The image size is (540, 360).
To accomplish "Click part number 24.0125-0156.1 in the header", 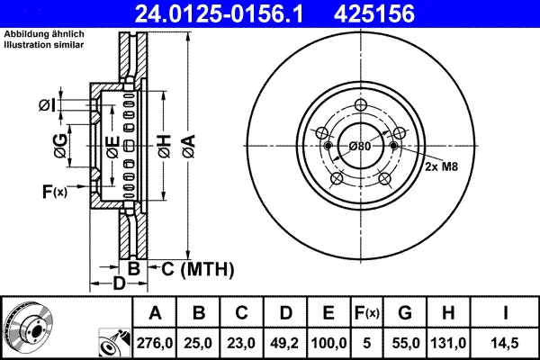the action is pyautogui.click(x=219, y=13).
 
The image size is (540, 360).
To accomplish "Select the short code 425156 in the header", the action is pyautogui.click(x=374, y=13).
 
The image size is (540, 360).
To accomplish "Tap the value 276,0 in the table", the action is pyautogui.click(x=155, y=343).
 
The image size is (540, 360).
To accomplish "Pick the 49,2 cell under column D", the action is pyautogui.click(x=284, y=343).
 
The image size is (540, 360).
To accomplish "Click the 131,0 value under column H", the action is pyautogui.click(x=448, y=343).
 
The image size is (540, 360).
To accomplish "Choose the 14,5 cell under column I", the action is pyautogui.click(x=505, y=343).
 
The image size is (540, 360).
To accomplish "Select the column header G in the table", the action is pyautogui.click(x=405, y=313).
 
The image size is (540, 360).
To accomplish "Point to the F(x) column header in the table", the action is pyautogui.click(x=367, y=313).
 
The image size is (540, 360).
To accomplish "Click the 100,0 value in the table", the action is pyautogui.click(x=328, y=343).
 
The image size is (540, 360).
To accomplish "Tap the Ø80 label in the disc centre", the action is pyautogui.click(x=360, y=146).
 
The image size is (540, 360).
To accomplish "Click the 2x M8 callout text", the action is pyautogui.click(x=441, y=166).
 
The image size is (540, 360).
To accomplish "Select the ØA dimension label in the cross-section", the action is pyautogui.click(x=189, y=147).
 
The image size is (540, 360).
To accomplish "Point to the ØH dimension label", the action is pyautogui.click(x=165, y=147).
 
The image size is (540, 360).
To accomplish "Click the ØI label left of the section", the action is pyautogui.click(x=47, y=105).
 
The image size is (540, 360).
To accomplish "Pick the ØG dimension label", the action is pyautogui.click(x=60, y=146).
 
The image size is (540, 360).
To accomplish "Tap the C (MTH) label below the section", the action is pyautogui.click(x=198, y=269).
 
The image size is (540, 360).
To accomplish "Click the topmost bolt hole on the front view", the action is pyautogui.click(x=361, y=104).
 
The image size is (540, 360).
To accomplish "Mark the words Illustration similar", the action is pyautogui.click(x=44, y=44).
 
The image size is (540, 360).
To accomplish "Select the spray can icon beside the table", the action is pyautogui.click(x=114, y=343).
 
